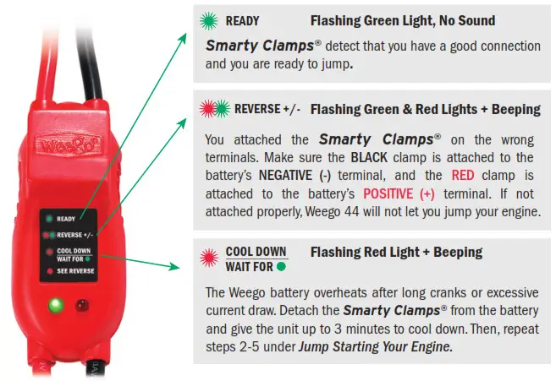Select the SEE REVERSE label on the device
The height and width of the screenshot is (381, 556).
coord(77,271)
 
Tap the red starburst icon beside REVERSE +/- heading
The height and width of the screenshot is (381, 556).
coord(206,109)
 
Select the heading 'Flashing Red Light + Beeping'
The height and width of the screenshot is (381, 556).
coord(396,252)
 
